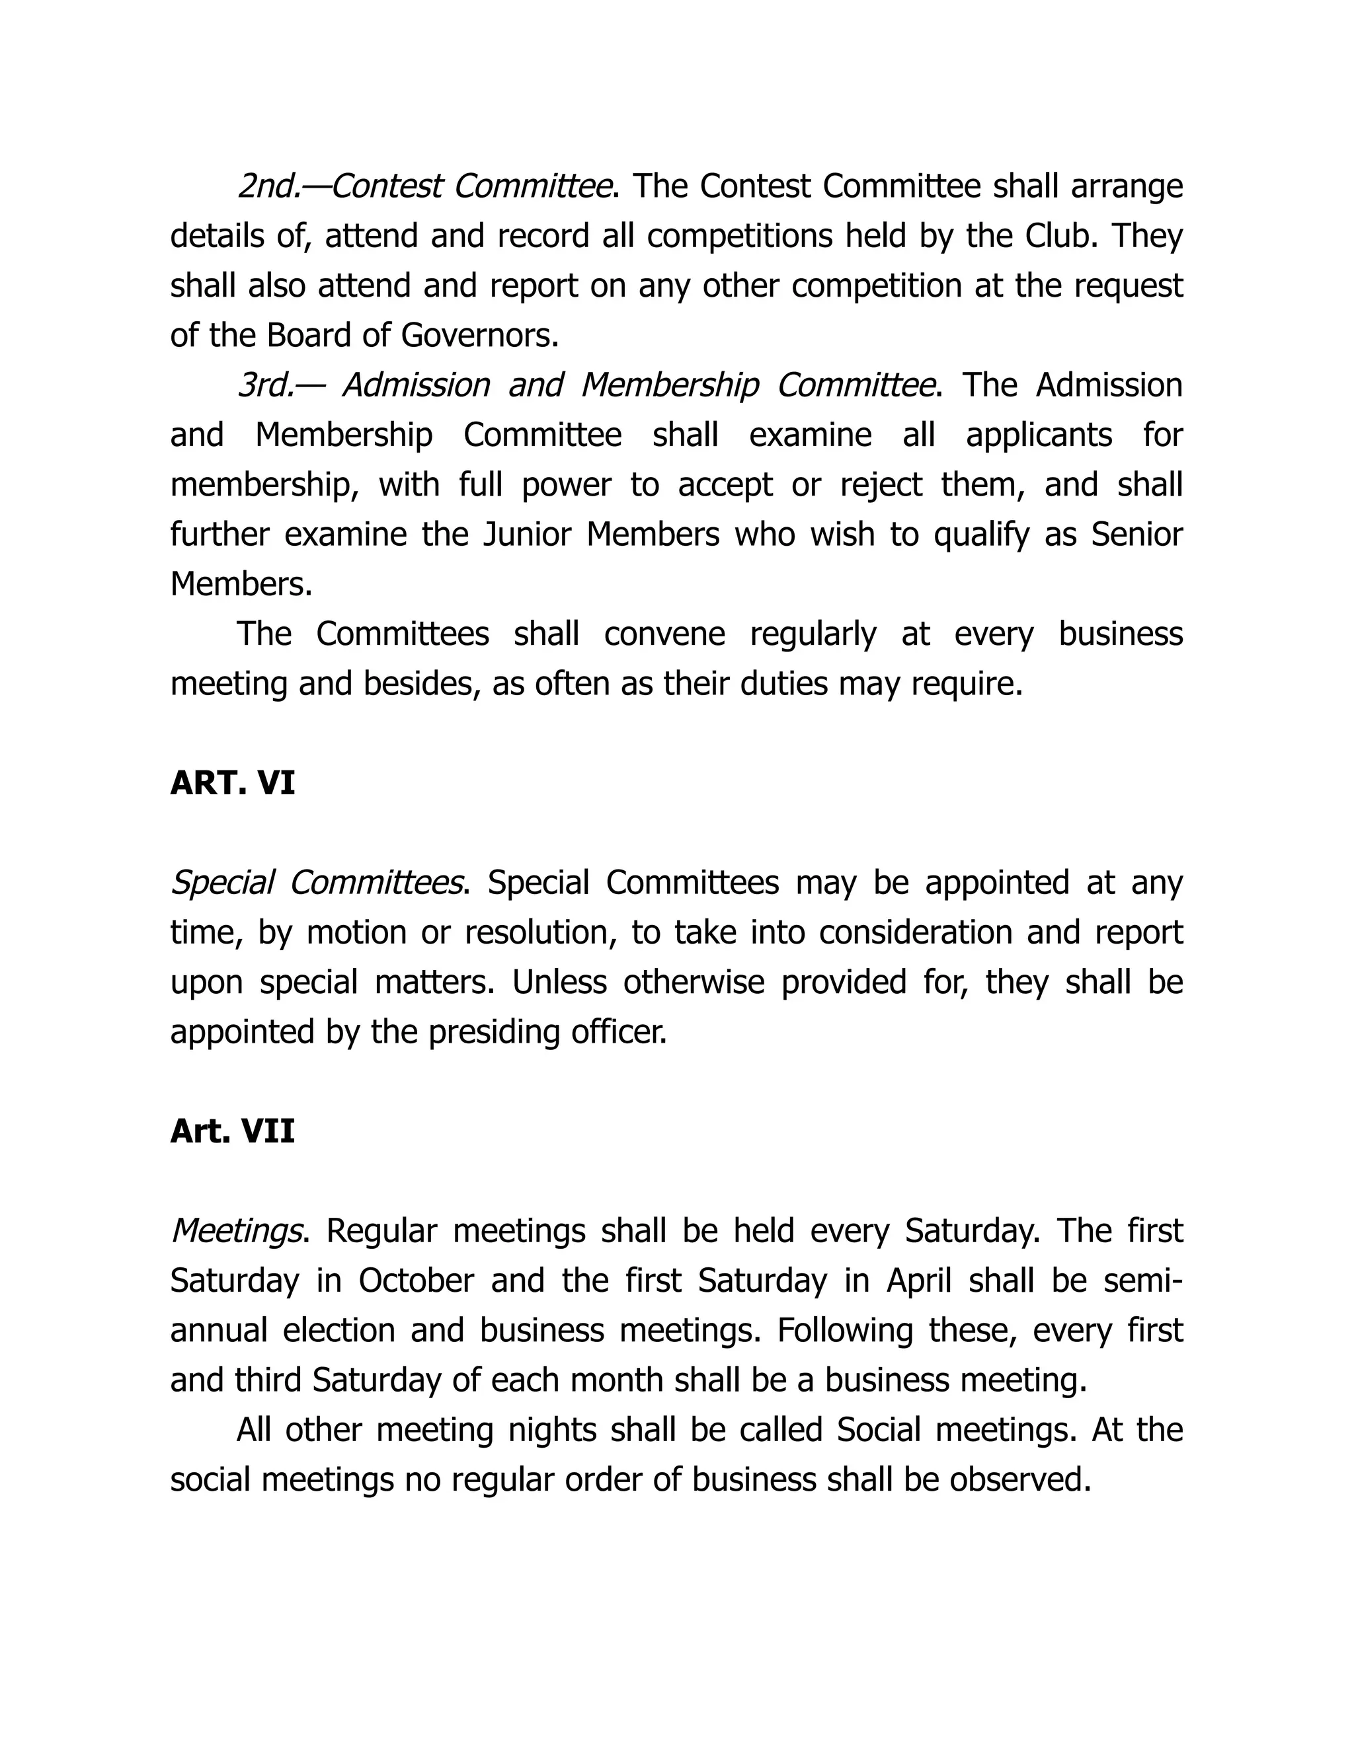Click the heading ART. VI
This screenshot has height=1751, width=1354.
click(233, 783)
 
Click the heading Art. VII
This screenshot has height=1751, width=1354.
click(233, 1131)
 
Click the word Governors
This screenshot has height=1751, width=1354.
click(479, 336)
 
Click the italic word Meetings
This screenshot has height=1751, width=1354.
click(237, 1231)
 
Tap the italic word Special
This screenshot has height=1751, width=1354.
click(222, 883)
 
